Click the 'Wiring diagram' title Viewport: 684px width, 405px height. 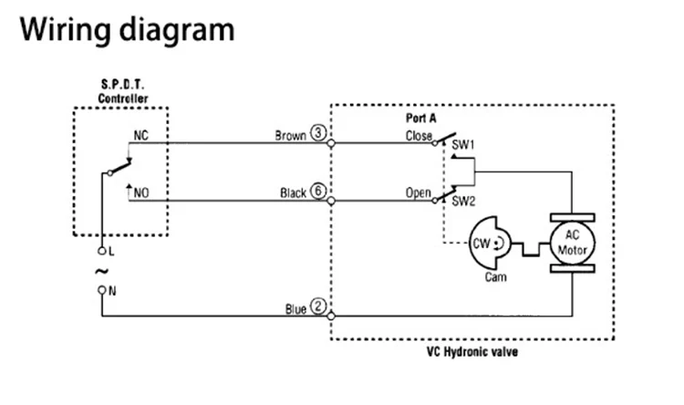tap(128, 30)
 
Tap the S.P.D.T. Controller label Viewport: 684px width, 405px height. tap(122, 91)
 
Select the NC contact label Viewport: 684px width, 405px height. tap(140, 135)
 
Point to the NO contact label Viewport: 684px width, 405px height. tap(141, 192)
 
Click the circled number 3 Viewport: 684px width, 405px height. tap(318, 132)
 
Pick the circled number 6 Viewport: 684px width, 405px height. tap(318, 191)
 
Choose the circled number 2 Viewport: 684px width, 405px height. tap(318, 306)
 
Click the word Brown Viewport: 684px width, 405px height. tap(291, 136)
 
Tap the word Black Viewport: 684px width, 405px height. tap(293, 192)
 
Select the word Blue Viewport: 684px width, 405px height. tap(295, 309)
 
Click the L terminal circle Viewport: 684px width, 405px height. tap(101, 251)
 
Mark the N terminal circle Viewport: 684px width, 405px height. tap(101, 290)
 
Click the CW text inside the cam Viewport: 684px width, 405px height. tap(482, 243)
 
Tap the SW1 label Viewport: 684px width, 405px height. tap(462, 145)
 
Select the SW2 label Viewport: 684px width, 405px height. tap(463, 202)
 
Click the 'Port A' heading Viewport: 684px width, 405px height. tap(421, 118)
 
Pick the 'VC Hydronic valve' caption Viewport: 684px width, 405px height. tap(472, 352)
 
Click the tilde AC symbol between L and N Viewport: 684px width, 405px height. tap(101, 272)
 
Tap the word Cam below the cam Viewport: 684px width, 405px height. tap(496, 276)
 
